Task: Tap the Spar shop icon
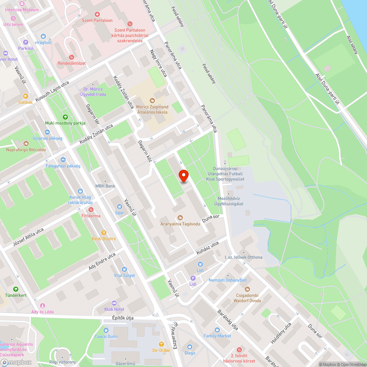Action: tap(119, 207)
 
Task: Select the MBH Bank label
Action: tap(105, 186)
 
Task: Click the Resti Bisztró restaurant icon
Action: tap(104, 232)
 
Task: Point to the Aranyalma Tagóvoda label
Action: tap(180, 224)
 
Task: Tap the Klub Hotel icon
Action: tap(114, 303)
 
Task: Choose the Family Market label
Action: tap(217, 336)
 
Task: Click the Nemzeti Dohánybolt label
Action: tap(228, 280)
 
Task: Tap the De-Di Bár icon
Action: tap(161, 344)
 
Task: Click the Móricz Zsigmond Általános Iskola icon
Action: tap(152, 100)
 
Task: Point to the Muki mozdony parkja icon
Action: tap(65, 117)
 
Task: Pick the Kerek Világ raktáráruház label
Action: tap(80, 200)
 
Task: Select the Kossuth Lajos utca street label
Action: tap(52, 92)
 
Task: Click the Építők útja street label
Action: tap(123, 318)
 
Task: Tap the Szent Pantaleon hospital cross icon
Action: tap(97, 14)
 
